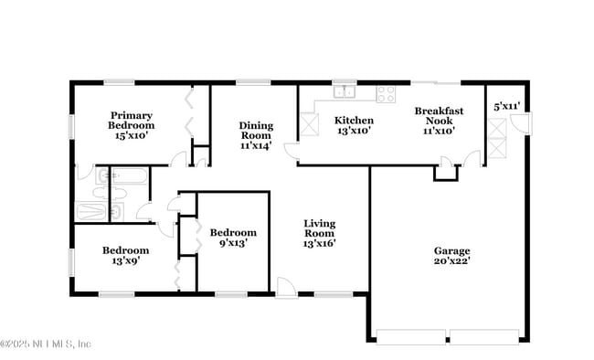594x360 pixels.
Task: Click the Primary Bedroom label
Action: click(x=131, y=121)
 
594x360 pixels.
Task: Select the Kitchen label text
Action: click(x=354, y=120)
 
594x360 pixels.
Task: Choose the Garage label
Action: click(x=451, y=251)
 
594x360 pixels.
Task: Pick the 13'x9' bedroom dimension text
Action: click(x=126, y=260)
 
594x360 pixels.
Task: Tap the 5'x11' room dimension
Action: click(x=506, y=106)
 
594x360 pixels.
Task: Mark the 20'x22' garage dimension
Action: click(x=451, y=261)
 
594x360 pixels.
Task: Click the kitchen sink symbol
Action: click(x=345, y=91)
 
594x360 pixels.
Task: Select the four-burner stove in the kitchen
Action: click(x=386, y=91)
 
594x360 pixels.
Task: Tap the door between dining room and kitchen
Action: click(x=291, y=152)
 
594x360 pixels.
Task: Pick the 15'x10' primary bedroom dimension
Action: click(x=131, y=136)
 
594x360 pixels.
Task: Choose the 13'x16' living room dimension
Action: click(x=319, y=243)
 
